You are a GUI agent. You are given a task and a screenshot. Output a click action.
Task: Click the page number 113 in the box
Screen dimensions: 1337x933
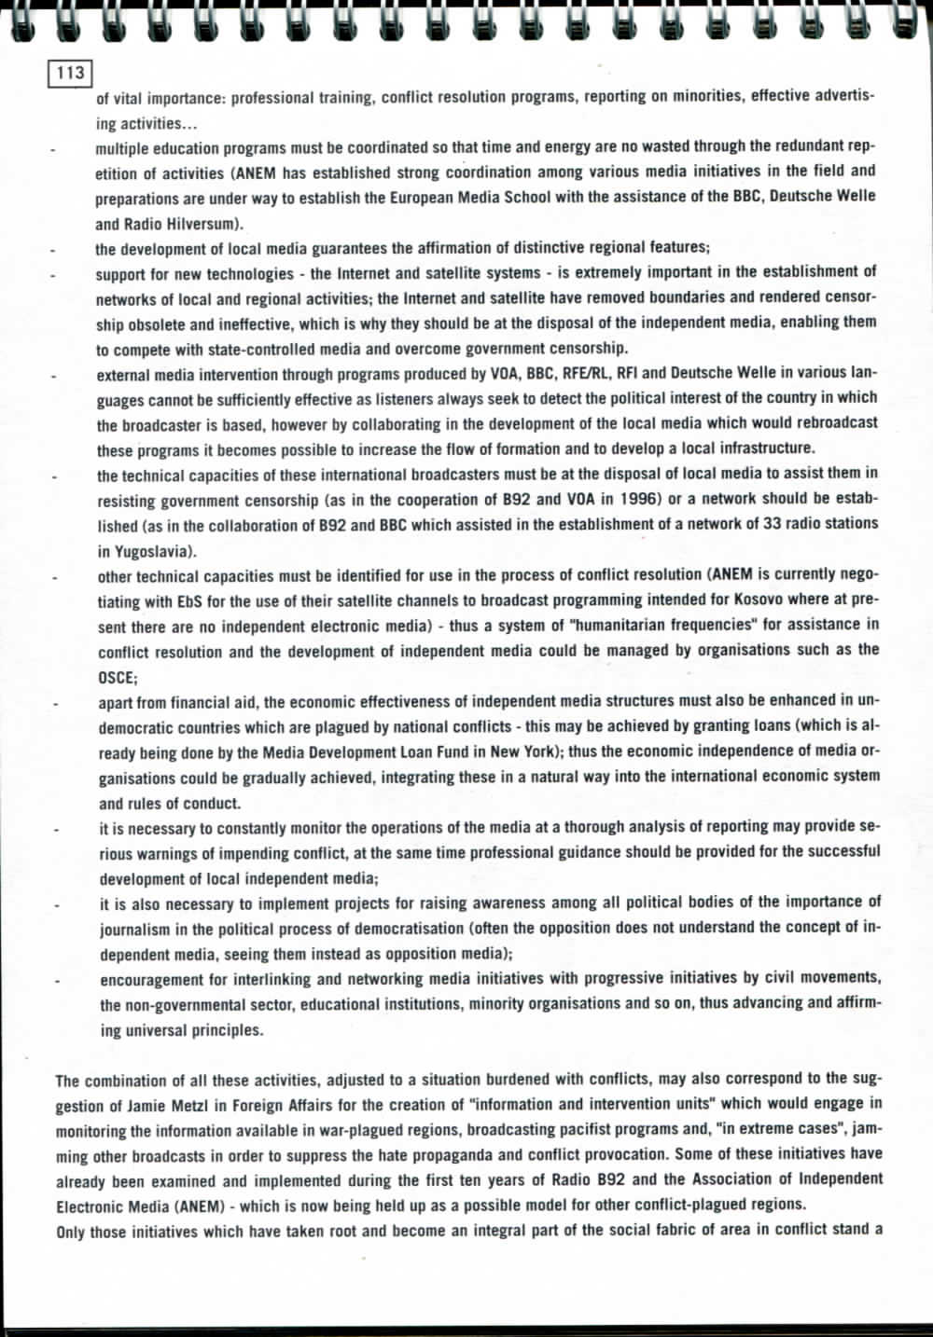70,73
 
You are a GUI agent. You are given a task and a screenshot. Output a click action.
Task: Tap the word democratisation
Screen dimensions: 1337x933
402,928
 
